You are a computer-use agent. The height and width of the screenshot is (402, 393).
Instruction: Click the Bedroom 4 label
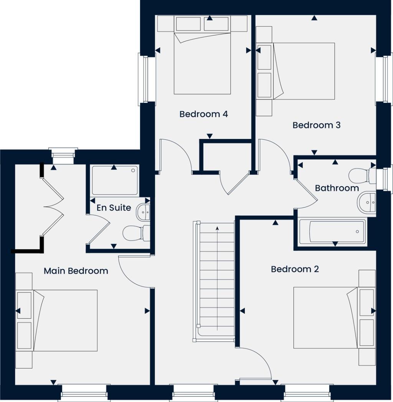[x=203, y=114]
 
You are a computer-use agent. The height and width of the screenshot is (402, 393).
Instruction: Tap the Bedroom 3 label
[x=316, y=125]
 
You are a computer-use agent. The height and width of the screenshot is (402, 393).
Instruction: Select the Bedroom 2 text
[x=294, y=269]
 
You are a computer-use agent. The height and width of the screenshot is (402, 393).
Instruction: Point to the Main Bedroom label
[x=76, y=271]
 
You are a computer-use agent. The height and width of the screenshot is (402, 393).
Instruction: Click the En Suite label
[x=114, y=208]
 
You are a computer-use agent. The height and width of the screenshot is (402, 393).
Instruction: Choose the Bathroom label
[x=337, y=188]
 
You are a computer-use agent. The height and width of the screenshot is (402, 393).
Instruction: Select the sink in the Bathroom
[x=367, y=202]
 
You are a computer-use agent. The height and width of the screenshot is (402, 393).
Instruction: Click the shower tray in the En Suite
[x=114, y=180]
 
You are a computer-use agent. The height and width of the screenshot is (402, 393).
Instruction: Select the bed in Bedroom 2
[x=325, y=318]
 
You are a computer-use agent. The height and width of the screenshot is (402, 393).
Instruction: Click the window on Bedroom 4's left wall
[x=143, y=79]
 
